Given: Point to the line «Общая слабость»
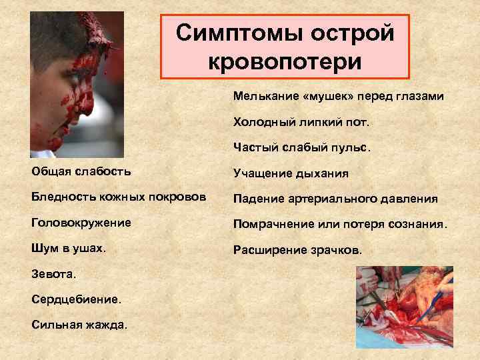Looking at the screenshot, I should (x=81, y=171).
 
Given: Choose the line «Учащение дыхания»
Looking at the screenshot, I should (x=291, y=173).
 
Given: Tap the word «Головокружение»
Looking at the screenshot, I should (x=81, y=222).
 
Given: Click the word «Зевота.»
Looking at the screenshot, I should (x=54, y=273).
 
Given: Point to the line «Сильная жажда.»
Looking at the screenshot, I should (x=79, y=324).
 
